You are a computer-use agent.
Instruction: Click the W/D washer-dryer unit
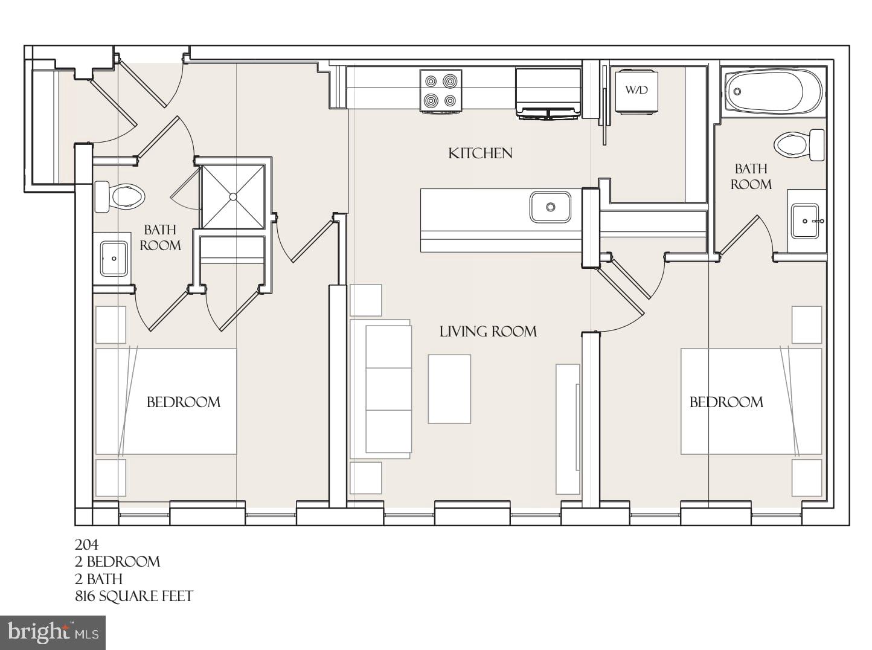pyautogui.click(x=636, y=91)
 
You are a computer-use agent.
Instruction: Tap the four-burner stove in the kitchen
pyautogui.click(x=441, y=91)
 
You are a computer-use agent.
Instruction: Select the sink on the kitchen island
pyautogui.click(x=550, y=207)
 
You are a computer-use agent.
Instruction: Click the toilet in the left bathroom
pyautogui.click(x=120, y=196)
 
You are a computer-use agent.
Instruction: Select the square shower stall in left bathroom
pyautogui.click(x=232, y=196)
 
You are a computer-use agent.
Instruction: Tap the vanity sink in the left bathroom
pyautogui.click(x=113, y=259)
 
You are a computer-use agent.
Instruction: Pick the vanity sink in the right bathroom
pyautogui.click(x=806, y=221)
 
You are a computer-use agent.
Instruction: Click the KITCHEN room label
pyautogui.click(x=480, y=153)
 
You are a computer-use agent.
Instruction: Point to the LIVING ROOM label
pyautogui.click(x=488, y=331)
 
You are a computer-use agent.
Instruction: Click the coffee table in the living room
pyautogui.click(x=449, y=389)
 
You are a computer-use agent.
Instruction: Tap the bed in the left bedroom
pyautogui.click(x=166, y=401)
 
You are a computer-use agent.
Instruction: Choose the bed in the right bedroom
pyautogui.click(x=751, y=401)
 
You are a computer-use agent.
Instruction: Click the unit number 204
pyautogui.click(x=86, y=544)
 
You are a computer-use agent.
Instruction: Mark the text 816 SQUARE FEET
pyautogui.click(x=134, y=596)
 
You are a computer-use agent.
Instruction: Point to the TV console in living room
pyautogui.click(x=568, y=428)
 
